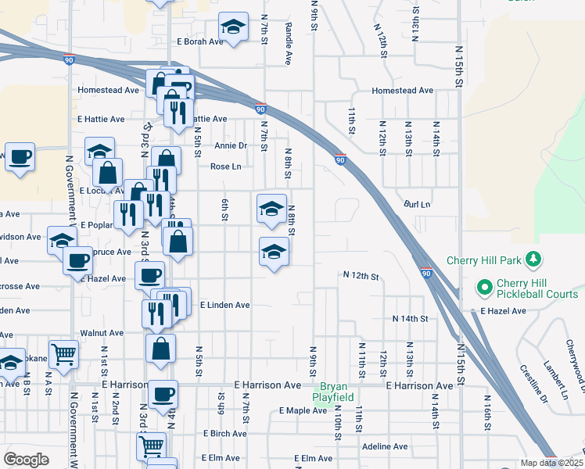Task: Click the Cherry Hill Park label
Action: (x=486, y=260)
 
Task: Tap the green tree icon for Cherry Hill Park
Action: (x=534, y=258)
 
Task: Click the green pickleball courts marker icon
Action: (x=484, y=288)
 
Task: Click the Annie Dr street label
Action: (x=231, y=145)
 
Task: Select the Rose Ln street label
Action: (x=226, y=166)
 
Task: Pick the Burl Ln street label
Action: (x=417, y=204)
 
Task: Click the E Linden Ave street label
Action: (x=224, y=305)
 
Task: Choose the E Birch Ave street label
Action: (x=225, y=433)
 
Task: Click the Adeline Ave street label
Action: (x=385, y=447)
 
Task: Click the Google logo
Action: (x=26, y=460)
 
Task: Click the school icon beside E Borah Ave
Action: (x=233, y=27)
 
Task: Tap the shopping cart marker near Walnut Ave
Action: (x=63, y=353)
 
